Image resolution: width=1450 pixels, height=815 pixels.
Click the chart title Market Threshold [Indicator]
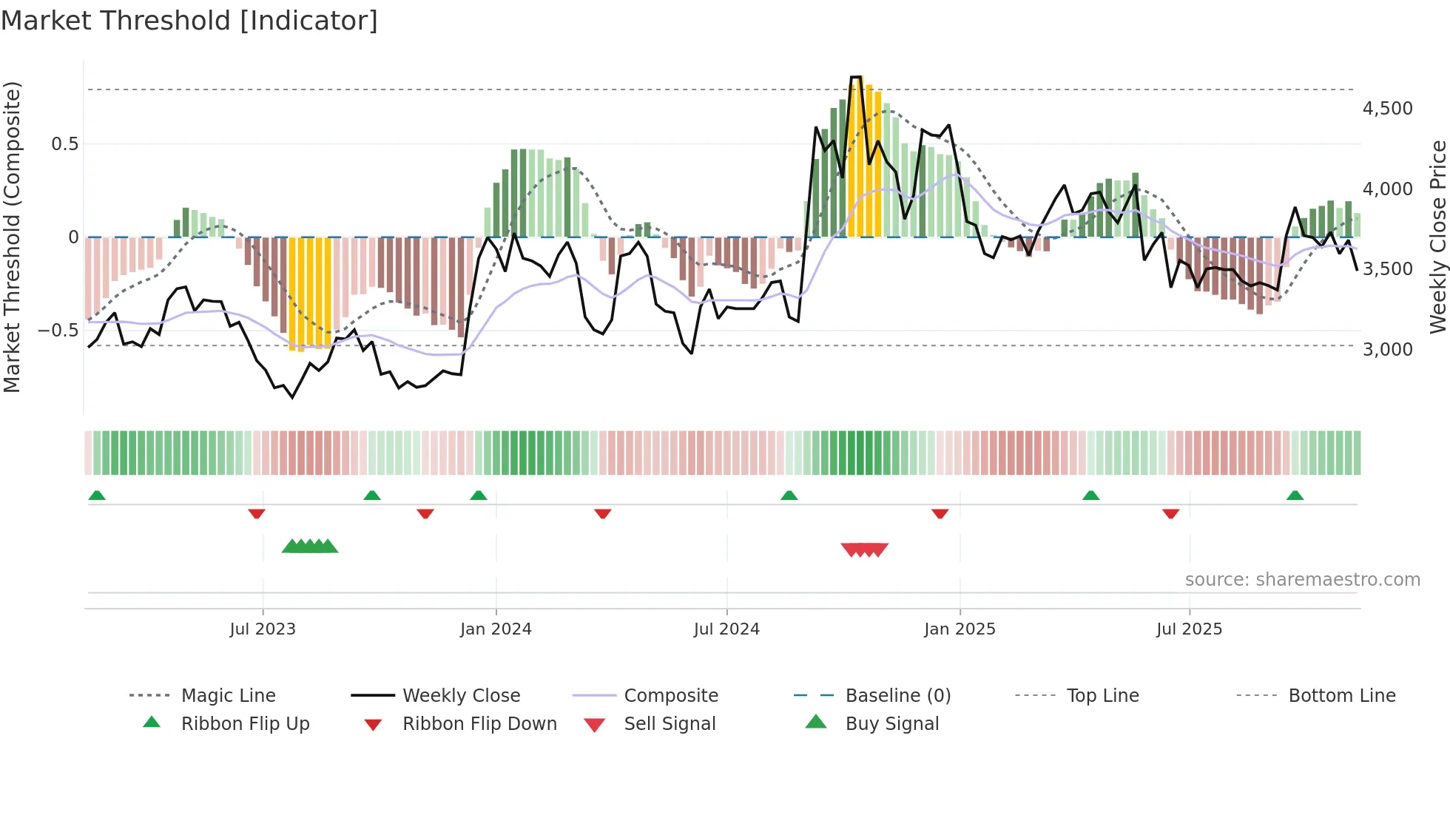(x=189, y=21)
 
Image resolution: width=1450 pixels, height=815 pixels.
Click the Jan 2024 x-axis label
(x=496, y=629)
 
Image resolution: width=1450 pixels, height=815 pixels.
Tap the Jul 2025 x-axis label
(x=1189, y=629)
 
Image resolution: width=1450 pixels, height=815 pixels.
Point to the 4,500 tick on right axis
(x=1387, y=109)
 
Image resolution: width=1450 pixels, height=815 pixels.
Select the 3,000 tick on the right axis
(x=1387, y=349)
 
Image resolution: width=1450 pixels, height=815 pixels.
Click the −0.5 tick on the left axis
(x=58, y=330)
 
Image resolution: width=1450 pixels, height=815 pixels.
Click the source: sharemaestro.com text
(x=1302, y=579)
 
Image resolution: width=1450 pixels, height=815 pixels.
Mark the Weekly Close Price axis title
(x=1437, y=237)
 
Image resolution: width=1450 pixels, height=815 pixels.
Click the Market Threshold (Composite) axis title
(x=12, y=237)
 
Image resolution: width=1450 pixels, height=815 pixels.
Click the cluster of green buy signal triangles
(x=310, y=547)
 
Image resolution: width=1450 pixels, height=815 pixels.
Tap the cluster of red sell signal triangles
(x=864, y=549)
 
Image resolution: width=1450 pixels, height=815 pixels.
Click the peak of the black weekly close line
(x=856, y=77)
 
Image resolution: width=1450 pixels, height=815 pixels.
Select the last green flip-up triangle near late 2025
(x=1295, y=496)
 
